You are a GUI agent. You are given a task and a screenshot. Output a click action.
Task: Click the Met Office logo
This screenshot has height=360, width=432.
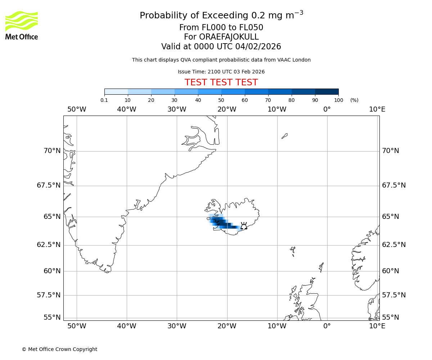pos(22,25)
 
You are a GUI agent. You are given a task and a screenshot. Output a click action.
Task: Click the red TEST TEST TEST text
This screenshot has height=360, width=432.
pos(221,82)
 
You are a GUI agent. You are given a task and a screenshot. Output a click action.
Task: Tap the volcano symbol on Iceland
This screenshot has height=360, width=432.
pos(244,226)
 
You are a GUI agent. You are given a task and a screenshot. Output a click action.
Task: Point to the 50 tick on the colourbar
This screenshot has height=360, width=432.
pos(221,100)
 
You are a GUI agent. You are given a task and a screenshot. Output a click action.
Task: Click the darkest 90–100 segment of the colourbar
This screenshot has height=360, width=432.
pos(327,91)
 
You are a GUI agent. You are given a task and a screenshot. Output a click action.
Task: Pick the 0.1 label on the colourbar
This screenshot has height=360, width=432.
pos(104,100)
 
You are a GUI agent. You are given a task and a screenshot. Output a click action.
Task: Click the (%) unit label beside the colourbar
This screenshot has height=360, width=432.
pos(354,100)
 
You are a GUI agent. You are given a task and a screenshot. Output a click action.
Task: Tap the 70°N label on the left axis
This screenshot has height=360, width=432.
pos(52,150)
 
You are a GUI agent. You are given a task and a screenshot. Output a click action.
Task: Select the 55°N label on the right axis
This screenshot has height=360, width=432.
pos(391,317)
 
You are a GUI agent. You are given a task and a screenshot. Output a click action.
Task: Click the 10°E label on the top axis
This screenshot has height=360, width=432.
pos(377,109)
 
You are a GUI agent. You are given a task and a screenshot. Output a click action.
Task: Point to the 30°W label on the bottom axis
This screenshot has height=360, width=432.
pos(177,326)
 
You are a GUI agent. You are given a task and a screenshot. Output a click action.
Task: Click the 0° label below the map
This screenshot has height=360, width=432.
pos(327,326)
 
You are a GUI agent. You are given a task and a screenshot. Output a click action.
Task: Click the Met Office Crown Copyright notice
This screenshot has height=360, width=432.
pos(59,349)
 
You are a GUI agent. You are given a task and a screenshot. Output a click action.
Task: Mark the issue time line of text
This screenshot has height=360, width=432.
pos(221,72)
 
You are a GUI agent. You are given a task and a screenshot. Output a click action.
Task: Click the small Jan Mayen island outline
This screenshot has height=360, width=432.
pos(284,136)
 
